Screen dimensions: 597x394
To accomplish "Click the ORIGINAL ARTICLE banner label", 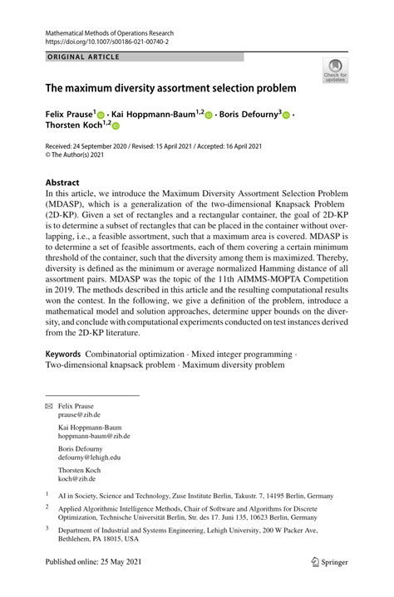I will tap(84, 57).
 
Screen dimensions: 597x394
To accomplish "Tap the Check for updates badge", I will tap(336, 70).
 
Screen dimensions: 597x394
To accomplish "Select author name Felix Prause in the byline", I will tap(70, 114).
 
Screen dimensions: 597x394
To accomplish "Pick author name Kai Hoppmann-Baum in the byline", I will tap(152, 114).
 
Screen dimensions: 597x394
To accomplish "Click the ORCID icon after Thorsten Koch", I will tap(116, 126).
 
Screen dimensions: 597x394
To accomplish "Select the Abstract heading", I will tap(62, 182).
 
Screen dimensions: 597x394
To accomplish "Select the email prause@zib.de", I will tap(79, 413).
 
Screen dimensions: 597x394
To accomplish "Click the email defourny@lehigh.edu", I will tap(89, 457).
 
